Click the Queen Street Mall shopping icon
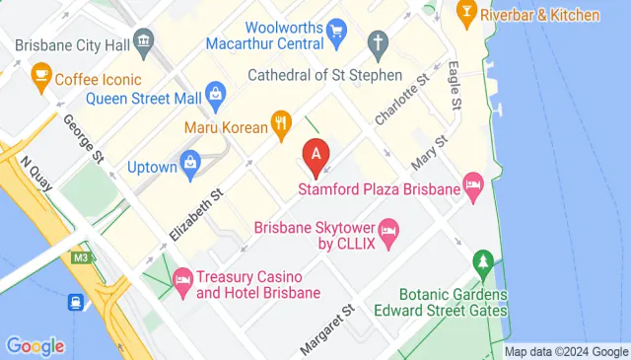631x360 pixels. tap(216, 96)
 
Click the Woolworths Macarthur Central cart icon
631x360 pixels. tap(336, 32)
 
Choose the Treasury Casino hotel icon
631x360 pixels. tap(182, 280)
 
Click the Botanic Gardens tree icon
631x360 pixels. tap(482, 262)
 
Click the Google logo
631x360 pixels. tap(35, 346)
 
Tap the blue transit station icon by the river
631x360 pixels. tap(76, 303)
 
